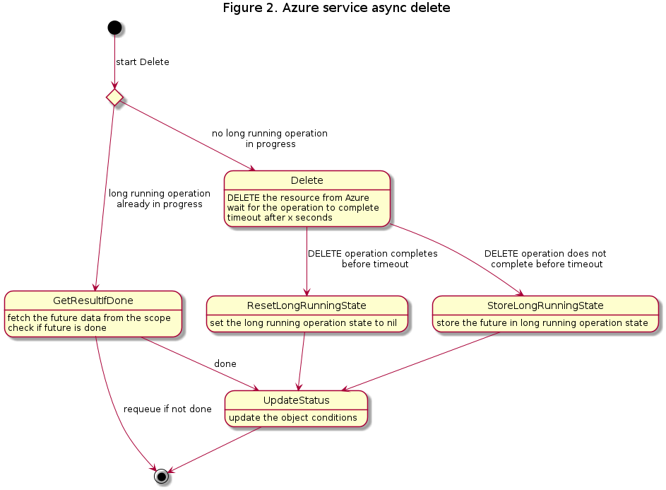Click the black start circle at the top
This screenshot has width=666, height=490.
point(114,28)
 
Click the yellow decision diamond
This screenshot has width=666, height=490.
point(114,98)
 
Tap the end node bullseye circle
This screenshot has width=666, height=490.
point(162,477)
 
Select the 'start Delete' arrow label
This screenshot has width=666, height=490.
point(143,62)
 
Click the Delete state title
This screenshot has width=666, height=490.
point(307,180)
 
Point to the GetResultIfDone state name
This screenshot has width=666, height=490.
point(93,301)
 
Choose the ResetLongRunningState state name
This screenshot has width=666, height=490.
point(307,305)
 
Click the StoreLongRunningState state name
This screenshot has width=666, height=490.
point(545,305)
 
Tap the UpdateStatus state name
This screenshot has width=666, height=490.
point(297,400)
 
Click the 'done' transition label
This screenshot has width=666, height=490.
point(225,363)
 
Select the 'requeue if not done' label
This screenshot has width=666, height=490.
point(167,409)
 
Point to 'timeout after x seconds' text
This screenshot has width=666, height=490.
point(280,218)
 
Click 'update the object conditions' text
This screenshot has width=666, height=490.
point(293,418)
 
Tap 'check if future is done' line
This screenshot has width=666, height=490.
point(57,328)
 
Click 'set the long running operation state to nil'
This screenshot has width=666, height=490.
point(303,323)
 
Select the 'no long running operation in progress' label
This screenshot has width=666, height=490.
point(270,139)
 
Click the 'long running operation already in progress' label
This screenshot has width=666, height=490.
point(160,199)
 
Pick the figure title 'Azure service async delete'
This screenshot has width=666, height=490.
point(366,8)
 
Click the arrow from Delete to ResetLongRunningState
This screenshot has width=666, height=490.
point(307,261)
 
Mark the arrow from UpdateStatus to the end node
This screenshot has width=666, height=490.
point(215,449)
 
